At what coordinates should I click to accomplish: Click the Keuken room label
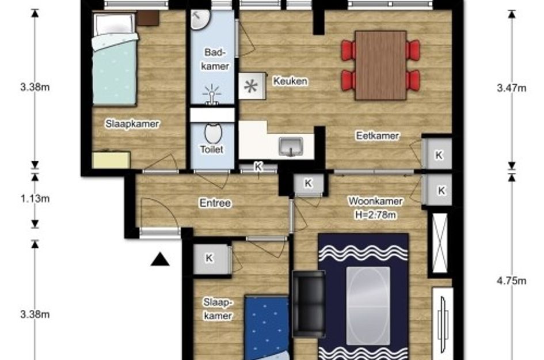tap(290, 81)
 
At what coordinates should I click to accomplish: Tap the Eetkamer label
tap(378, 135)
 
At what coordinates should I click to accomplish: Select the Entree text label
tap(215, 203)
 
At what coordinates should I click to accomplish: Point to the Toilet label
tap(212, 149)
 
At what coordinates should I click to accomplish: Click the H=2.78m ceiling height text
tap(375, 215)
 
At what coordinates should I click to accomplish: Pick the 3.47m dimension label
tap(511, 88)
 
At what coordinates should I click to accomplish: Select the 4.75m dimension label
tap(511, 281)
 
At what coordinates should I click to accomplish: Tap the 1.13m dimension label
tap(35, 199)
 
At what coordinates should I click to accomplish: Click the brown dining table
tap(381, 65)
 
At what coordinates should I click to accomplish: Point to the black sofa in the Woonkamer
tap(309, 304)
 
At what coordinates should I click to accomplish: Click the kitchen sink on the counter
tap(291, 146)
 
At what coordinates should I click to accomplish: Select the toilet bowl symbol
tap(213, 132)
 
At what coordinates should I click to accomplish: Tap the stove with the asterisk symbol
tap(252, 86)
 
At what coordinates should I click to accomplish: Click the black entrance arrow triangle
tap(160, 259)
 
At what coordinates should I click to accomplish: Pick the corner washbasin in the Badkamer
tap(200, 20)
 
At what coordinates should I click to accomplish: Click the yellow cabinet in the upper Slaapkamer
tap(111, 160)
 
